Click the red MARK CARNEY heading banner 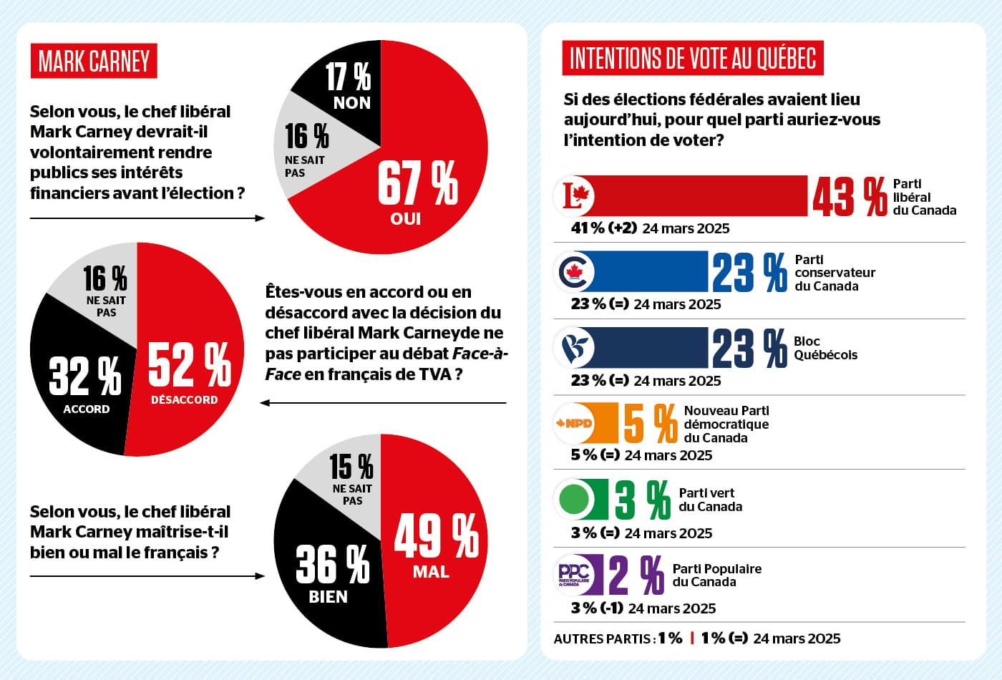pos(94,62)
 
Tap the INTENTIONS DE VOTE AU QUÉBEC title pos(693,59)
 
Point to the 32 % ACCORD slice pos(82,379)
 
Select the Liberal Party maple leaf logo pos(575,195)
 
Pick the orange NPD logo pos(575,423)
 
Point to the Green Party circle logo pos(574,499)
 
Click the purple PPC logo pos(574,574)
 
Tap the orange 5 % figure pos(650,423)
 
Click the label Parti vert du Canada pos(710,500)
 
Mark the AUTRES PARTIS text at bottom pos(603,638)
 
